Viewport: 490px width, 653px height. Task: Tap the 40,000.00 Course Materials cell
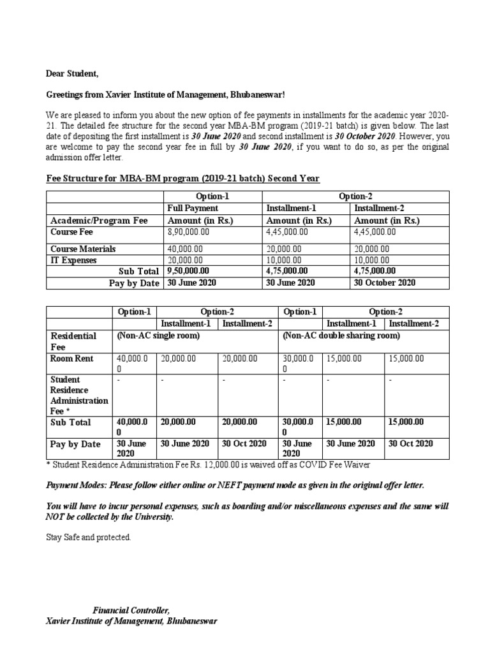[185, 249]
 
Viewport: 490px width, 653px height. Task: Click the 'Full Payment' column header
[193, 208]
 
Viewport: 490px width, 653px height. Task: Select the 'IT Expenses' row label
[74, 260]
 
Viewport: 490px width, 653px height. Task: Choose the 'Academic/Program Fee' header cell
[99, 220]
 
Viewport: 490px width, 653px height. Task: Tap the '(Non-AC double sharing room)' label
[341, 335]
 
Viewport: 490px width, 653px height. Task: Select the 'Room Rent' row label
[72, 358]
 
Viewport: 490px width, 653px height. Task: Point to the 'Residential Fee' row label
[73, 341]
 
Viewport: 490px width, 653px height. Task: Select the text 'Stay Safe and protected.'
[88, 538]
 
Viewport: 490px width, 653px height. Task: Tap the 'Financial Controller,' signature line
[131, 610]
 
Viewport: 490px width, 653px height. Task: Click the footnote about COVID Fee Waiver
[208, 464]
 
